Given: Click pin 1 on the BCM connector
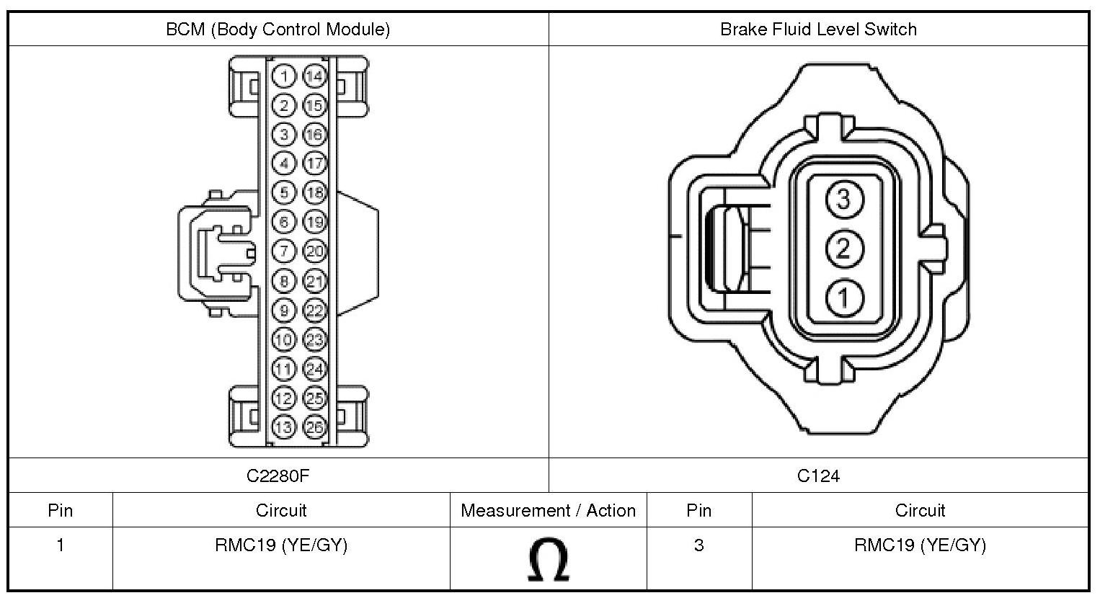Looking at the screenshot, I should [x=285, y=76].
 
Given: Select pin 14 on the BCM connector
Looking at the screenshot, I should [x=314, y=76].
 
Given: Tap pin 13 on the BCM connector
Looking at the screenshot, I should [x=285, y=427].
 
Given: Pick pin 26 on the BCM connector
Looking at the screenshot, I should [x=314, y=427].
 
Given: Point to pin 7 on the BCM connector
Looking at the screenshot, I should [x=285, y=251].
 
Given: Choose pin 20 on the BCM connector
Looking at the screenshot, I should [x=314, y=251].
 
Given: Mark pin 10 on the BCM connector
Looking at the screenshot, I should [x=285, y=339].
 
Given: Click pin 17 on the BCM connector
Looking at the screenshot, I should [x=314, y=164].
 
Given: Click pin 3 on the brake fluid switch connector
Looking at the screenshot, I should [x=843, y=198].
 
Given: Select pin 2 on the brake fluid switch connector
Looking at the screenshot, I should [x=843, y=249].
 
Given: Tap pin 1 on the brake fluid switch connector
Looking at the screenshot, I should [x=843, y=297].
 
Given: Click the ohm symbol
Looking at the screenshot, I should [x=548, y=561].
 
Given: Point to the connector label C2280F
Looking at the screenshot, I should [x=278, y=476].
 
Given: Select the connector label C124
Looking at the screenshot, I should [x=818, y=476].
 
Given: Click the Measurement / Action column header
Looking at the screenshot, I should [x=548, y=511].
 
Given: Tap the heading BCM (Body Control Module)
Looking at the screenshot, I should [x=278, y=30].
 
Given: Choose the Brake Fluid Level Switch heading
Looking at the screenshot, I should [x=818, y=30].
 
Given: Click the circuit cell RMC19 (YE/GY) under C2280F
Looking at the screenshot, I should [x=281, y=545].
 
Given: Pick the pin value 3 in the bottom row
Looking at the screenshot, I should [x=698, y=545].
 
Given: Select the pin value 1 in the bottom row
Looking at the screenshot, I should [x=61, y=545].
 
